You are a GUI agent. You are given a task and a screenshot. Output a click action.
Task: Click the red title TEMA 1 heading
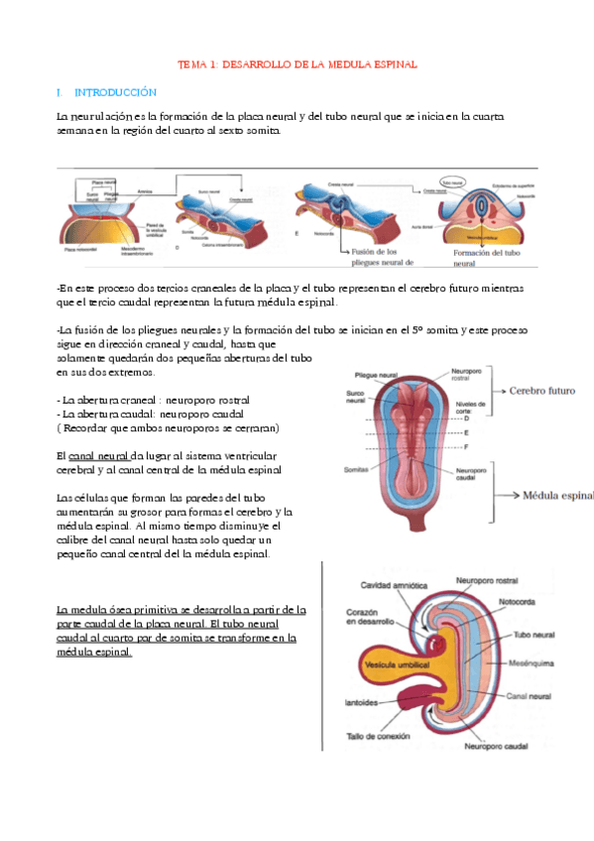pyautogui.click(x=297, y=63)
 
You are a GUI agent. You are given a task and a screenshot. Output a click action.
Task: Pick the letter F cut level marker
pyautogui.click(x=466, y=448)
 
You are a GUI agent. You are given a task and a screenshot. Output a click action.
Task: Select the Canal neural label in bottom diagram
pyautogui.click(x=529, y=696)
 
